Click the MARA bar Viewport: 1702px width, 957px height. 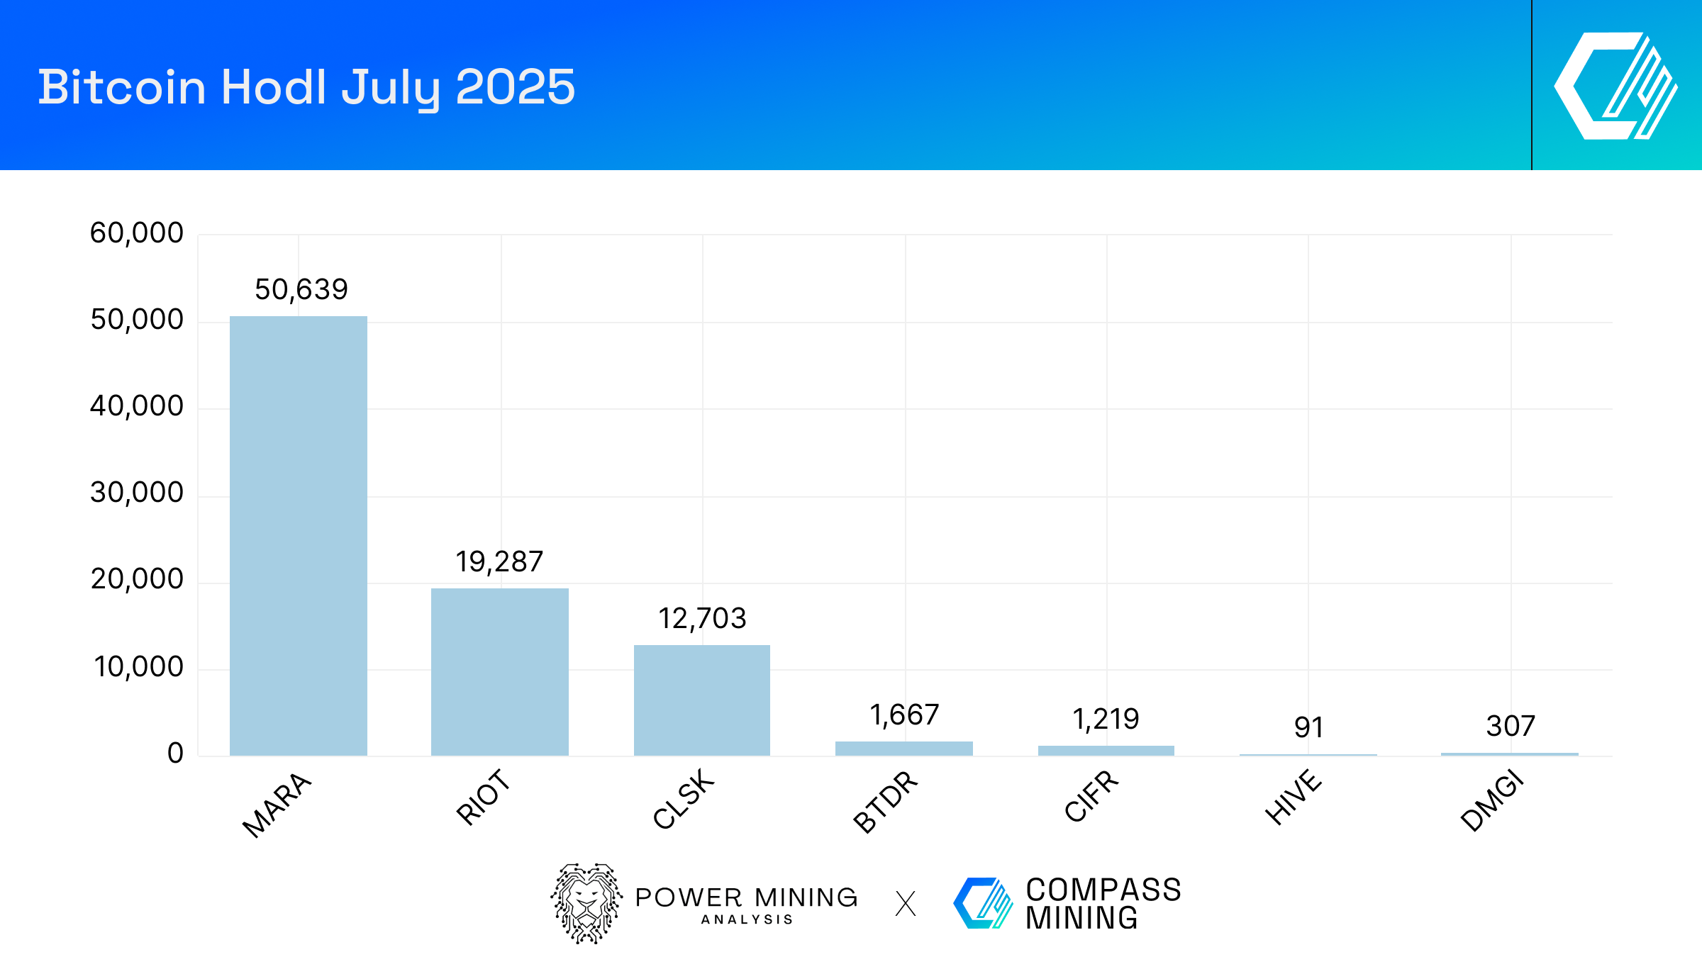[x=299, y=536]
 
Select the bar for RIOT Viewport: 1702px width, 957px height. [x=500, y=672]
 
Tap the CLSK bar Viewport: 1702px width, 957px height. [x=702, y=700]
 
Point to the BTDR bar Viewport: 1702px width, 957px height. [x=904, y=749]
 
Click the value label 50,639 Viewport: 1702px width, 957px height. [x=301, y=289]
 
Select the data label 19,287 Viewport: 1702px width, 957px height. [x=499, y=561]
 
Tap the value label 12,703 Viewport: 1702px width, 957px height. [x=702, y=618]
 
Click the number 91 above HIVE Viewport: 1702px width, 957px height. [x=1308, y=727]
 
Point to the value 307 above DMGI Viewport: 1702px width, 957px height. [x=1511, y=726]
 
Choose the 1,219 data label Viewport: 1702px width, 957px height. [x=1106, y=719]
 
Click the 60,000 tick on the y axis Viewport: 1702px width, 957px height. [x=137, y=233]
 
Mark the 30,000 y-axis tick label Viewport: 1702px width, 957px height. [x=137, y=493]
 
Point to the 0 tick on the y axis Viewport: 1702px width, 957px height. [x=175, y=753]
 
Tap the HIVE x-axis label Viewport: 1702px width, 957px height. [x=1293, y=797]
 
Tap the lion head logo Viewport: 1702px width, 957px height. [x=586, y=903]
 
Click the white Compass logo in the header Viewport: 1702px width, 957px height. [x=1615, y=86]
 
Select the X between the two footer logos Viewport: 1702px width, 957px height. [x=906, y=904]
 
